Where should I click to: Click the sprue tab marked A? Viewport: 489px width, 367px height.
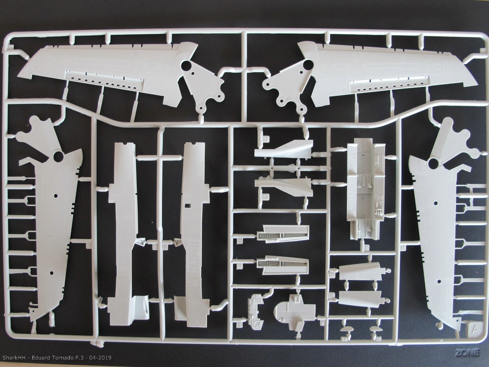click(x=473, y=328)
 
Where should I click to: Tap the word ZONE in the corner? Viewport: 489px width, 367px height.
click(x=467, y=352)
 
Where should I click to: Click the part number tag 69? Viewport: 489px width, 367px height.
click(x=266, y=139)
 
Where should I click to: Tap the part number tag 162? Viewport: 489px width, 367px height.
click(x=266, y=197)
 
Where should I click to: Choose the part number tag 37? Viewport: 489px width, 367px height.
click(x=240, y=267)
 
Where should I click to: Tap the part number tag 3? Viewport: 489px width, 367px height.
click(x=367, y=248)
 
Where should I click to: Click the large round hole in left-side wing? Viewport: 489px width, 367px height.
click(x=57, y=157)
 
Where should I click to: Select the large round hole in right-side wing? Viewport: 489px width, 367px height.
click(x=433, y=163)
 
